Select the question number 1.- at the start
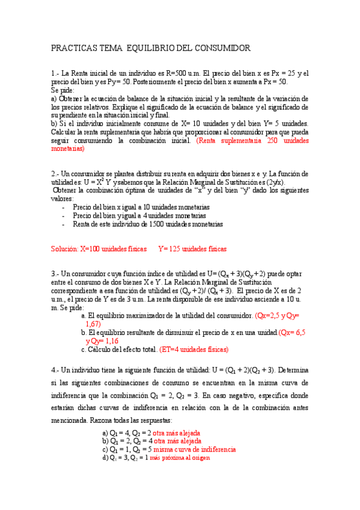pos(56,74)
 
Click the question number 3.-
pos(56,273)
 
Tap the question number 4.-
pos(56,370)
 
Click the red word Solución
pos(65,248)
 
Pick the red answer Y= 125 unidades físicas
pos(192,248)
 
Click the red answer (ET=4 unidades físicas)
pos(195,349)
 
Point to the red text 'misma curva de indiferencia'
pos(195,449)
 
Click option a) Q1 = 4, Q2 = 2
pos(127,432)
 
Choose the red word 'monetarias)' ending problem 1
pos(68,147)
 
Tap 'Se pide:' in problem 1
pos(63,90)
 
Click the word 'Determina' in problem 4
pos(293,370)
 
